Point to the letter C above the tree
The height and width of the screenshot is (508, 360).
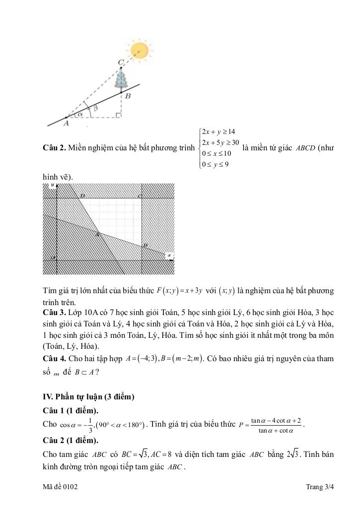(121, 63)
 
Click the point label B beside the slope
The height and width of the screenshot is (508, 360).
(128, 96)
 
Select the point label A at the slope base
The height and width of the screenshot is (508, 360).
(66, 124)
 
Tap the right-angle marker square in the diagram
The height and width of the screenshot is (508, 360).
(118, 115)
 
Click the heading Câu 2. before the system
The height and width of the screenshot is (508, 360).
(55, 148)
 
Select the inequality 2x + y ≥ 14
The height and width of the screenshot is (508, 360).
(218, 131)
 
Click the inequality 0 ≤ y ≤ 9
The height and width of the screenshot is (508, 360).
(215, 165)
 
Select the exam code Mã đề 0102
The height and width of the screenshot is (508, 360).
(60, 487)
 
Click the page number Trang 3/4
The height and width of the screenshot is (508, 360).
(320, 487)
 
